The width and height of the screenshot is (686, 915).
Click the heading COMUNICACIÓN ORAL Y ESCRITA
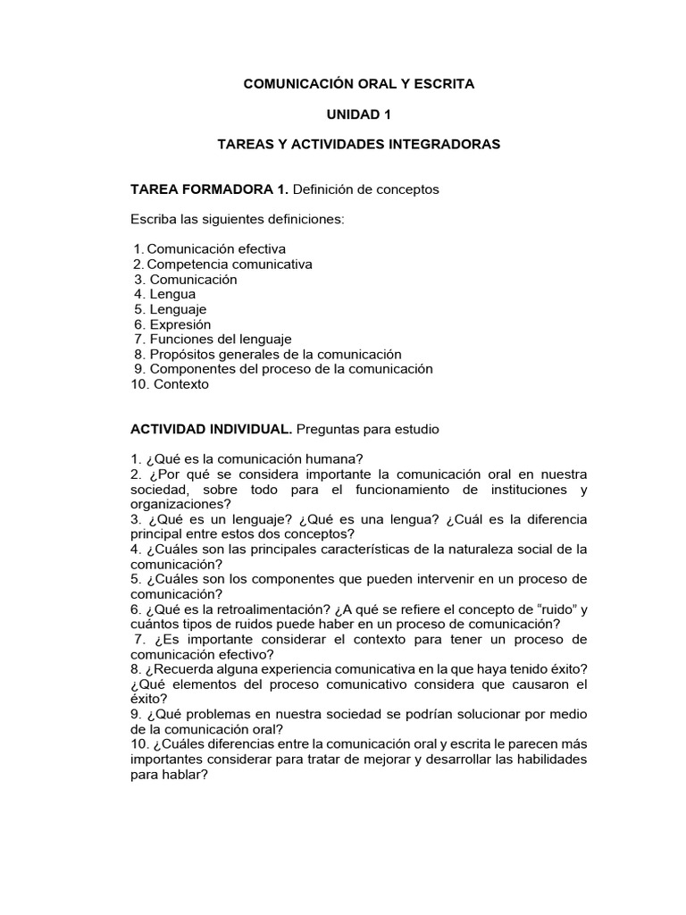tap(359, 84)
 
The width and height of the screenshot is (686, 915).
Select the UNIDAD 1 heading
tap(359, 114)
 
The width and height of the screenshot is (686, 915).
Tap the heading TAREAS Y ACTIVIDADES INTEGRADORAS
tap(359, 144)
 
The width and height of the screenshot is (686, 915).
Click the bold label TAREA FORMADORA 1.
tap(209, 189)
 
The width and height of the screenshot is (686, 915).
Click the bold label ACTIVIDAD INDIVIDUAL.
tap(211, 430)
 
